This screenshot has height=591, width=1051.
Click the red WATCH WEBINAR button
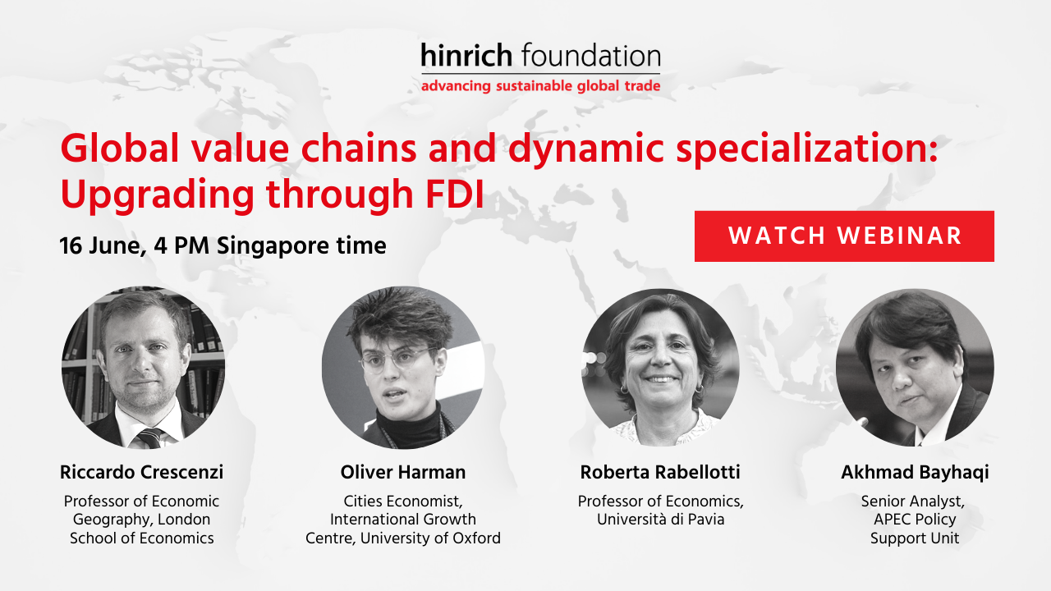pos(844,236)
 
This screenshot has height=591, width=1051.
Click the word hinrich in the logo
pos(466,55)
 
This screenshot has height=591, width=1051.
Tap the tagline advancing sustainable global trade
pos(540,86)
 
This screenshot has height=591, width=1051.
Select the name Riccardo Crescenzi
pos(142,472)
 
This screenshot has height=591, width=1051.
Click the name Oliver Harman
pos(403,472)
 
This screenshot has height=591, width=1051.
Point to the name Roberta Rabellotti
pos(660,472)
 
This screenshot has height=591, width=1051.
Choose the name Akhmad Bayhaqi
pos(915,472)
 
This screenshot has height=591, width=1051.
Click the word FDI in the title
pos(455,193)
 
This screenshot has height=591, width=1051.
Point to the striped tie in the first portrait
pos(149,438)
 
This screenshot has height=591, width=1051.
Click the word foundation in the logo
pos(590,55)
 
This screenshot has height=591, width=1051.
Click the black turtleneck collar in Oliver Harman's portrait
pos(408,424)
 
